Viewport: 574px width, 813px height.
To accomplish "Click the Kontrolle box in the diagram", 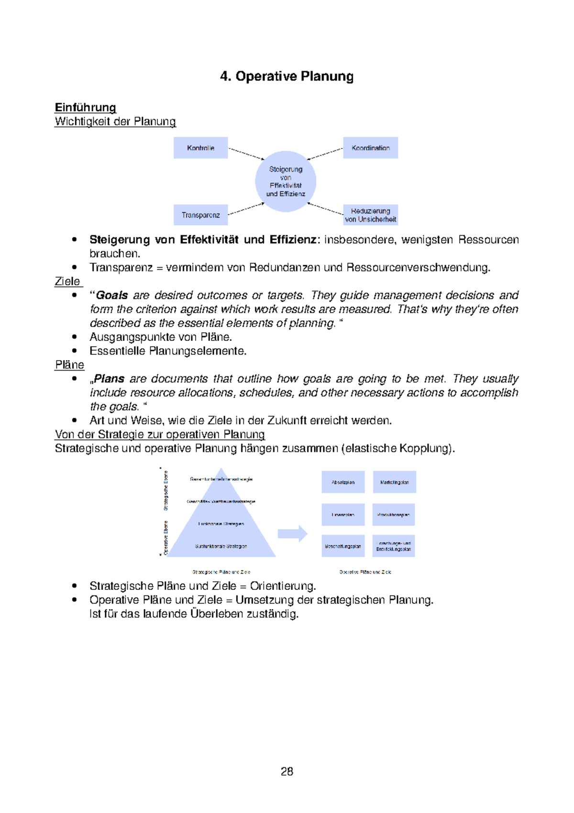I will pos(200,148).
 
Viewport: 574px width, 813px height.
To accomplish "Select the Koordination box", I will pos(370,148).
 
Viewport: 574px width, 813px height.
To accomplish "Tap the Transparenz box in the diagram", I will pos(200,215).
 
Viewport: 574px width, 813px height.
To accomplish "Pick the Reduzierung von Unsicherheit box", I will pos(370,215).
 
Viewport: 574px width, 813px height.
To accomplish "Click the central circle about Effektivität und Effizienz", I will pos(286,181).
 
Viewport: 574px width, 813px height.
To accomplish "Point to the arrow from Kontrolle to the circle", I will pos(246,153).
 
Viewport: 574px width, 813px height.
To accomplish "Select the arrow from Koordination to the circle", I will pos(325,153).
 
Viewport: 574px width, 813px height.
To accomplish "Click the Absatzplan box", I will pos(343,482).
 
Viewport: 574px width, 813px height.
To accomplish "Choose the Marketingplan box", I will pos(394,482).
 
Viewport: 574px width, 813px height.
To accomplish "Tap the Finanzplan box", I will pos(343,515).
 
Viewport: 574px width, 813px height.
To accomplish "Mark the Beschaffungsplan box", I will pos(343,546).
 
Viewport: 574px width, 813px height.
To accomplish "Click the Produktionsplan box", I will pos(394,515).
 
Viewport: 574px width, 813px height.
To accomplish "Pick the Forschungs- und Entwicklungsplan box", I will pos(394,546).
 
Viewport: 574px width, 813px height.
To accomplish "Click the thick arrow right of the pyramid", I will pos(292,533).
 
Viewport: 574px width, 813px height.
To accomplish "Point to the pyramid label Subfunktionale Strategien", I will pos(221,546).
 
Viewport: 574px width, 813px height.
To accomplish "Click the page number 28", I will pos(287,771).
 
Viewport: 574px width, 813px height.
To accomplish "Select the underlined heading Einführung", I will pos(85,107).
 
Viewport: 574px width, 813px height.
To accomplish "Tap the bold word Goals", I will pos(112,295).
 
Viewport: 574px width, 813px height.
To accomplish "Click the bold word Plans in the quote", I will pos(109,379).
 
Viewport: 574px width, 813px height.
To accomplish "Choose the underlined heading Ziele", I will pos(67,281).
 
